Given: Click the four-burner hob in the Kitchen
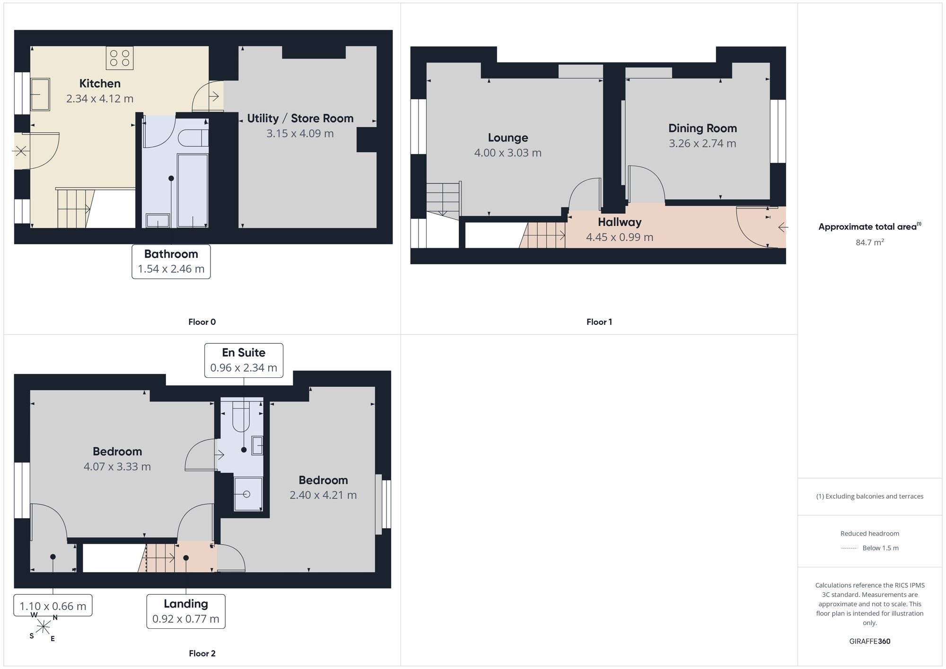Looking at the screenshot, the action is (x=120, y=58).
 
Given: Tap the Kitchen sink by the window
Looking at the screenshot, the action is (x=40, y=95).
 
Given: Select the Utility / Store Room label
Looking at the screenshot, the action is (x=300, y=118).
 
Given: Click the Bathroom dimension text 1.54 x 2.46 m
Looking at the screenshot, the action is (x=171, y=269).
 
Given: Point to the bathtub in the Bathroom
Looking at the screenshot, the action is (x=193, y=191).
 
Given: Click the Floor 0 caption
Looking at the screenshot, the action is (x=202, y=322).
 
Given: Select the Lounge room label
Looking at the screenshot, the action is (x=508, y=138).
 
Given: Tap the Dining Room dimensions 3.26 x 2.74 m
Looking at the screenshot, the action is (x=702, y=143).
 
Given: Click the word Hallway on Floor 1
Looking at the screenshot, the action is (x=620, y=222).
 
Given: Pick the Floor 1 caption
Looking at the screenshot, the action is (x=599, y=322).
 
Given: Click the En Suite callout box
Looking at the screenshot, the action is (x=244, y=360).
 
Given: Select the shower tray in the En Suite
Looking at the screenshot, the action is (x=248, y=494).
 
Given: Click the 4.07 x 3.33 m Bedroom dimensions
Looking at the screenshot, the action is (x=117, y=467).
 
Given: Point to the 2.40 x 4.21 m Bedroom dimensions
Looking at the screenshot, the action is (x=323, y=495).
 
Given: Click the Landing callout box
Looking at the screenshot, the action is (x=186, y=611).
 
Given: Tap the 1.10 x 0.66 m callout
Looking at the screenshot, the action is (x=53, y=606).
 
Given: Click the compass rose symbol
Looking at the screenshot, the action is (x=43, y=627).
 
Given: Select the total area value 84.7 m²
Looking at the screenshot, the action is (x=870, y=242).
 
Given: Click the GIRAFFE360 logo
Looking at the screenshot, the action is (x=870, y=642).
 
